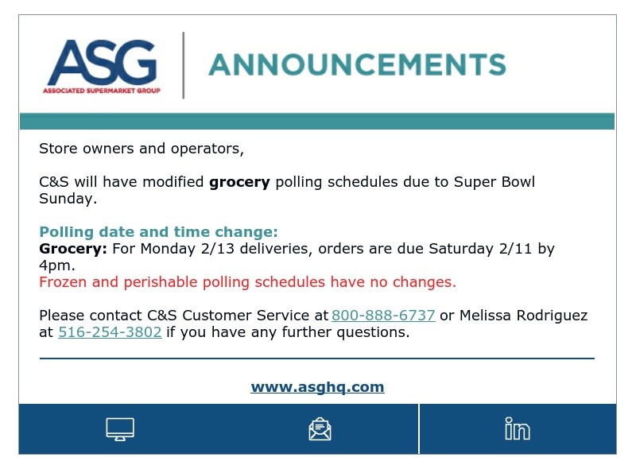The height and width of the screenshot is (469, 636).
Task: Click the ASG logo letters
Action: click(x=103, y=62)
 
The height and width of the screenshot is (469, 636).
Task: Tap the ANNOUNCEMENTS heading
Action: click(x=357, y=64)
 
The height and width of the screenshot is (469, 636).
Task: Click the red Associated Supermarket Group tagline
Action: click(x=102, y=91)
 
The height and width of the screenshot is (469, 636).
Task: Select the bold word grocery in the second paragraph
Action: click(x=239, y=182)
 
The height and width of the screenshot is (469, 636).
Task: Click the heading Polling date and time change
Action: click(x=158, y=231)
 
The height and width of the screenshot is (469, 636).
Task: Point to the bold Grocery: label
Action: click(x=73, y=249)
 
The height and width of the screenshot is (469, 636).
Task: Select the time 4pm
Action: click(x=56, y=266)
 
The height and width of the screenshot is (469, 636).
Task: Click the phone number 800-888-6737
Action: click(x=383, y=316)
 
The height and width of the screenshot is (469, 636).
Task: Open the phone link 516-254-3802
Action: click(x=110, y=331)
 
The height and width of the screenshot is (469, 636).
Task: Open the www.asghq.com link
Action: click(x=317, y=386)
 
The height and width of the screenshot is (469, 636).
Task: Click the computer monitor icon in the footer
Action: click(x=120, y=429)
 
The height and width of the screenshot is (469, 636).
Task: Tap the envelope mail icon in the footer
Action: click(x=320, y=429)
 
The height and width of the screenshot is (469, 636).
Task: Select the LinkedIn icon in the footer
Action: click(x=518, y=428)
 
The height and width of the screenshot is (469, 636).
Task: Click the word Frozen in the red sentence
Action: click(x=63, y=282)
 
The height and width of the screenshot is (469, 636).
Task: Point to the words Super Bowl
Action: click(x=494, y=182)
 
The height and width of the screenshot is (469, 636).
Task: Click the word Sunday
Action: click(x=68, y=199)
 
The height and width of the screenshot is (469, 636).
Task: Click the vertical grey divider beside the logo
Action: click(x=184, y=65)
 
